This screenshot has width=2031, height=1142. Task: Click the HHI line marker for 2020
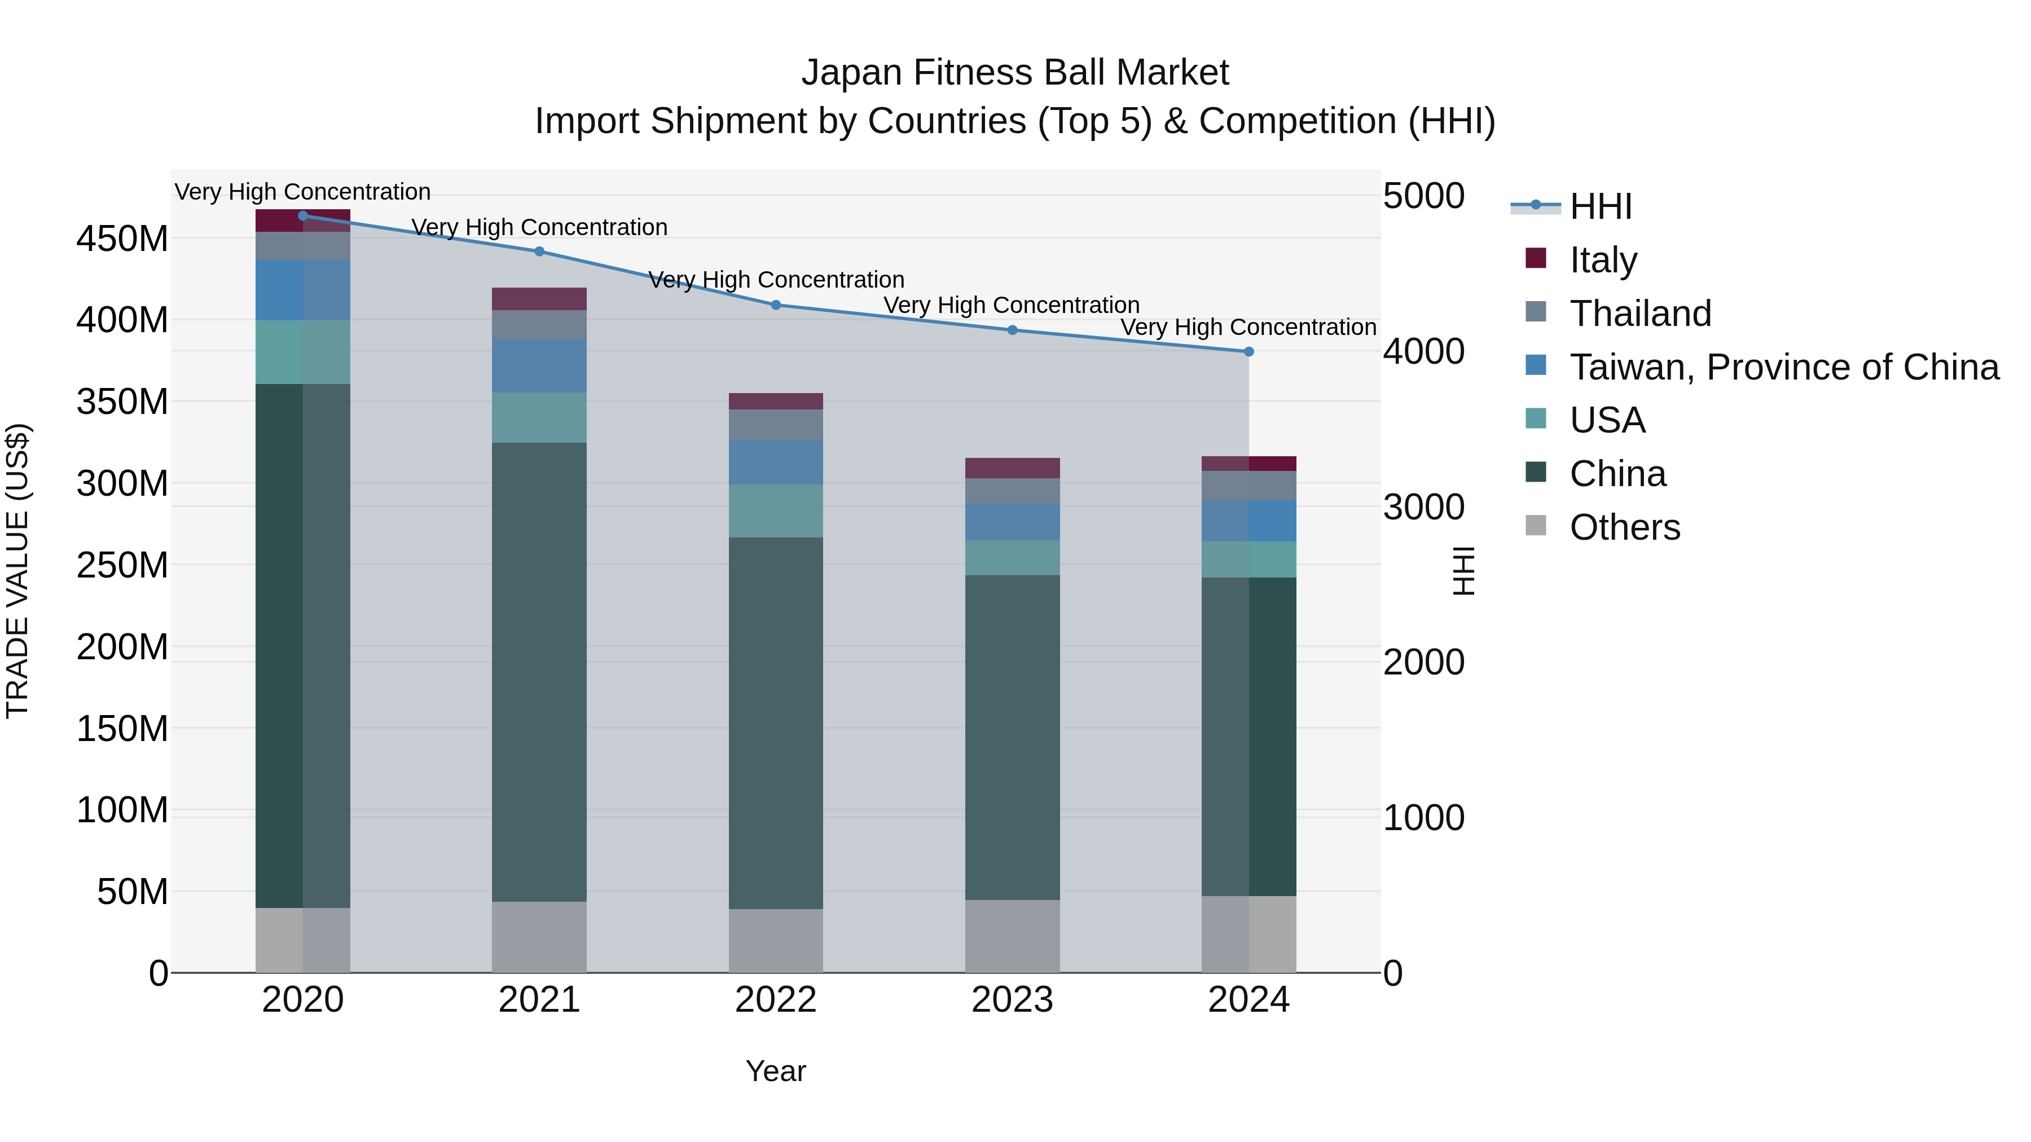coord(303,216)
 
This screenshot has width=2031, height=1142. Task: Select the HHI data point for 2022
coord(776,305)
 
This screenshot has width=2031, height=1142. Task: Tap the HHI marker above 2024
coord(1249,351)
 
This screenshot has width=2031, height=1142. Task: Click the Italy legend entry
coord(1603,260)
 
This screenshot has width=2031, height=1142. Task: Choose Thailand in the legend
coord(1640,314)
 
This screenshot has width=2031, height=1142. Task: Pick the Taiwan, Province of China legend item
coord(1783,367)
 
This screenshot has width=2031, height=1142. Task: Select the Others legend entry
coord(1624,527)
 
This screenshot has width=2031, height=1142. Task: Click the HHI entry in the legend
coord(1601,206)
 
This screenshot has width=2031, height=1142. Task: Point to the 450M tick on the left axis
coord(122,238)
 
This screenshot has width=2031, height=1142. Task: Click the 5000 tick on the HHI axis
coord(1424,196)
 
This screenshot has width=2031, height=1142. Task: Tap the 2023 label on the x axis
coord(1012,1000)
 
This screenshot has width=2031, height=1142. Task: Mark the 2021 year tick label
coord(539,1000)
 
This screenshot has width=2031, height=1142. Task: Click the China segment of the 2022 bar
coord(776,723)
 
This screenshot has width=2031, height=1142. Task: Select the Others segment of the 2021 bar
coord(539,937)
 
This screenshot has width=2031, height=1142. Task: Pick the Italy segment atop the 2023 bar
coord(1012,468)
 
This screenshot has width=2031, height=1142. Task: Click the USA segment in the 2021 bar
coord(539,418)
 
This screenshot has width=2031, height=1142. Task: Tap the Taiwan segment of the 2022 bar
coord(776,462)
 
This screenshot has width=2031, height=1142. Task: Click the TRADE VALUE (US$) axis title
coord(17,571)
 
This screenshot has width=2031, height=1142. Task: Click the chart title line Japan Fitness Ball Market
coord(1015,73)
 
